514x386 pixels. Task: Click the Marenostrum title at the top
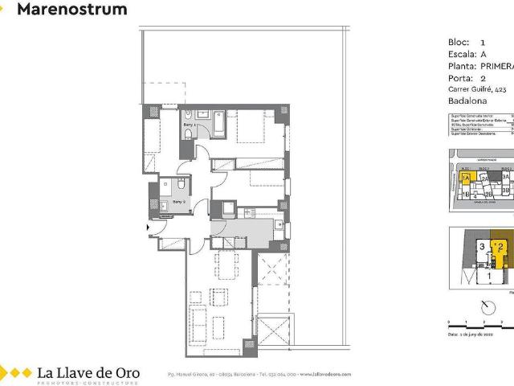[x=71, y=10]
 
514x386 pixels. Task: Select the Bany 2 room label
[x=179, y=201]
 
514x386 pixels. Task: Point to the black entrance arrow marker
[x=147, y=228]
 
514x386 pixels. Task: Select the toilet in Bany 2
[x=165, y=184]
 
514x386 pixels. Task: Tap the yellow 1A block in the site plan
[x=466, y=179]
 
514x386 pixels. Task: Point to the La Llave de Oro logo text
[x=88, y=372]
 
